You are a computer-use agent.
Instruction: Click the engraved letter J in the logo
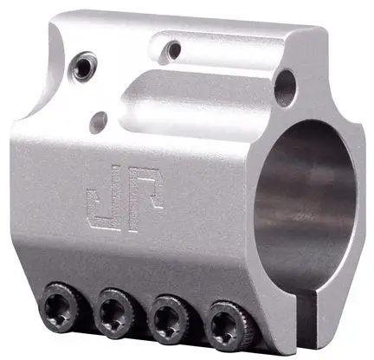[x=101, y=202]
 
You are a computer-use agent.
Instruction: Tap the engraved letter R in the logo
[x=145, y=199]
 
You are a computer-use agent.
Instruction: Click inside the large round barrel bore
[x=306, y=202]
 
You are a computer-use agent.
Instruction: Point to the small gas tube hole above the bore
[x=285, y=88]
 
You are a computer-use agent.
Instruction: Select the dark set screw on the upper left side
[x=82, y=68]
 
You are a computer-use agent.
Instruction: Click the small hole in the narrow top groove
[x=172, y=49]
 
